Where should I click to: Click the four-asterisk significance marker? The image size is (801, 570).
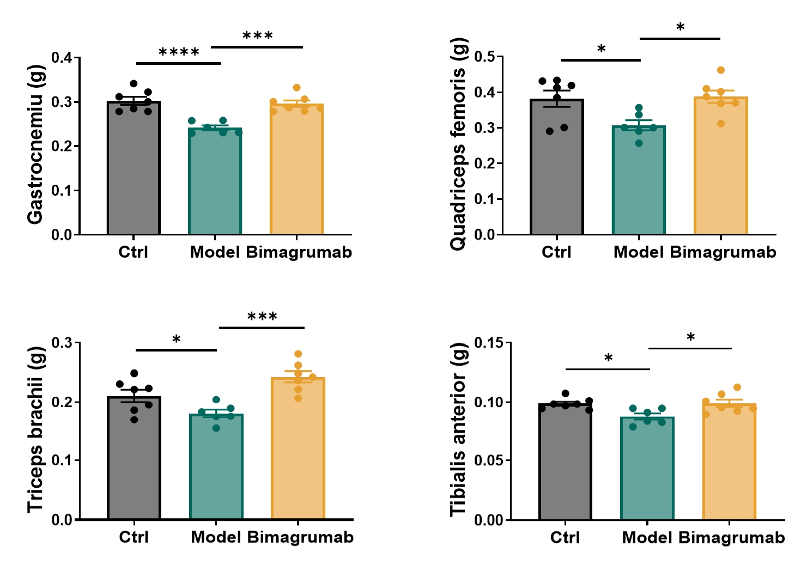point(179,53)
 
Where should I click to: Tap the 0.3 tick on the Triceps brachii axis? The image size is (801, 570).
point(62,343)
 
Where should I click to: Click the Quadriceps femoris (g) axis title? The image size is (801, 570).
point(458,144)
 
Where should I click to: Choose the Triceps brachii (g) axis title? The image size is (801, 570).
point(35,429)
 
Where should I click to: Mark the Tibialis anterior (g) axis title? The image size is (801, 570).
point(458,429)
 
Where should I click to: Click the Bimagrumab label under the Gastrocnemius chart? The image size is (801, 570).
point(299,252)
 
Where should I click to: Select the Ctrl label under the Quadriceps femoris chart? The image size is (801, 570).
point(556,252)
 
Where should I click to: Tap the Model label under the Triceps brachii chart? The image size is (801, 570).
point(216,537)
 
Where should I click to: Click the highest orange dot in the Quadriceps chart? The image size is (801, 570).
point(721,70)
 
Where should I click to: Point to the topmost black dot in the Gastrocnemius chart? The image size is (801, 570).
point(133,84)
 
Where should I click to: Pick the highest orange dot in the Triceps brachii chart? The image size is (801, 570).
point(298,354)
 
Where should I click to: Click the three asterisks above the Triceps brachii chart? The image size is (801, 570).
point(262,317)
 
